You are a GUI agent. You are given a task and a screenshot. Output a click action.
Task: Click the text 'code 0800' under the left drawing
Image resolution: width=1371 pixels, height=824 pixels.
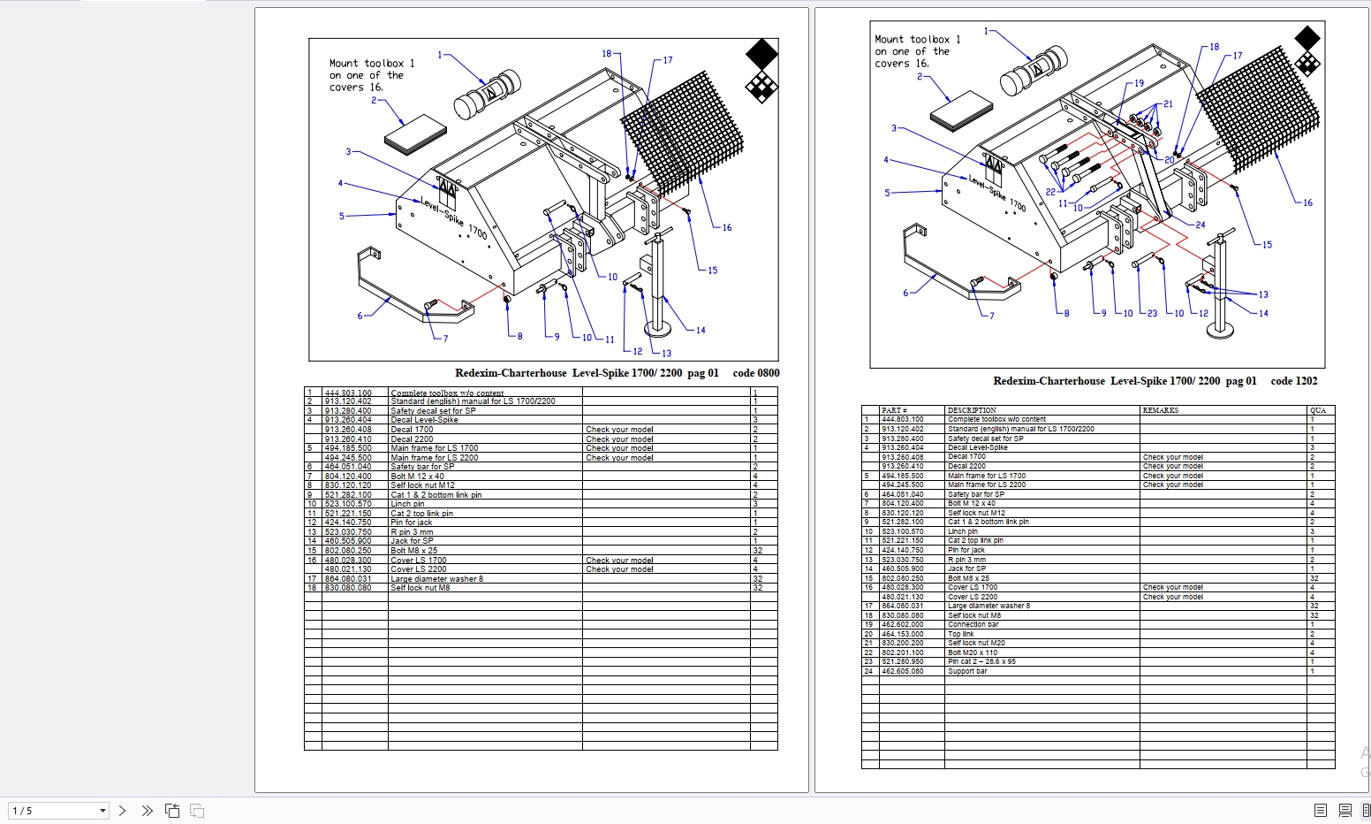pyautogui.click(x=755, y=373)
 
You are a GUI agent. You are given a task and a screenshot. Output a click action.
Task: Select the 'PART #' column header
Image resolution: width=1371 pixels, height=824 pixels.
pyautogui.click(x=894, y=410)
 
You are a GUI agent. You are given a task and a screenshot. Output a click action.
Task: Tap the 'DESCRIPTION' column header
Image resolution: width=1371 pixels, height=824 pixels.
pyautogui.click(x=971, y=410)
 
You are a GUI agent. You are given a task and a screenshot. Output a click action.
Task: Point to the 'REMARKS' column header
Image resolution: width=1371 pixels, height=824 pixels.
pyautogui.click(x=1160, y=410)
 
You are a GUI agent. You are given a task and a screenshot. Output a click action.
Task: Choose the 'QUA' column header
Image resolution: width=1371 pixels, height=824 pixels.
pyautogui.click(x=1318, y=410)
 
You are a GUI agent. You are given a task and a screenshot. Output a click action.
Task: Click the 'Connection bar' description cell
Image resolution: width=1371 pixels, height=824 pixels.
pyautogui.click(x=973, y=624)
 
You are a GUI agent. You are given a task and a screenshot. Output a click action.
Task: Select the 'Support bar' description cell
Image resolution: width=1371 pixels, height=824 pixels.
pyautogui.click(x=967, y=671)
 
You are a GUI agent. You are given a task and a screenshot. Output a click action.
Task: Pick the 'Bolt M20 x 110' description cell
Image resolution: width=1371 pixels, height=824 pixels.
pyautogui.click(x=973, y=652)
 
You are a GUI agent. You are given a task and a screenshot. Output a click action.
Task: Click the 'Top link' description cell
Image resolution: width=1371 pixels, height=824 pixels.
pyautogui.click(x=961, y=634)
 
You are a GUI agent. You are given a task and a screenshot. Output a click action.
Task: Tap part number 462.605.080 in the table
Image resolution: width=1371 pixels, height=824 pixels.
pyautogui.click(x=902, y=671)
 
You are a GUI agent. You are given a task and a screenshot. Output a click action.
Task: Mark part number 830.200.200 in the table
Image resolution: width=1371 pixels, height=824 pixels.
pyautogui.click(x=902, y=643)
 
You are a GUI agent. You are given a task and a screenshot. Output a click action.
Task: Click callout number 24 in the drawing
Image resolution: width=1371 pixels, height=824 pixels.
pyautogui.click(x=1200, y=225)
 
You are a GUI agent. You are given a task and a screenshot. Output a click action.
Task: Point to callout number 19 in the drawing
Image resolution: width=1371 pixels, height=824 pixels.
pyautogui.click(x=1139, y=84)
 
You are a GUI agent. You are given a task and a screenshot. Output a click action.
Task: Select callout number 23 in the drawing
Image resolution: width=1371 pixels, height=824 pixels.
pyautogui.click(x=1152, y=313)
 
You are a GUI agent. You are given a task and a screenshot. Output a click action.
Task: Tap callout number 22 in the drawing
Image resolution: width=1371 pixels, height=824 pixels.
pyautogui.click(x=1050, y=192)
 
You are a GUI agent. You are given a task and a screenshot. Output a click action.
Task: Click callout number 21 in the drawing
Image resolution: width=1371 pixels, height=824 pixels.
pyautogui.click(x=1168, y=104)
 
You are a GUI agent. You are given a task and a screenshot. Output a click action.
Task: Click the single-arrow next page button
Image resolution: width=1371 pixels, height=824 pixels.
pyautogui.click(x=123, y=811)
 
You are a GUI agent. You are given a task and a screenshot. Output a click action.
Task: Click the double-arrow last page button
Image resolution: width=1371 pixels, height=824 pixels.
pyautogui.click(x=147, y=811)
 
